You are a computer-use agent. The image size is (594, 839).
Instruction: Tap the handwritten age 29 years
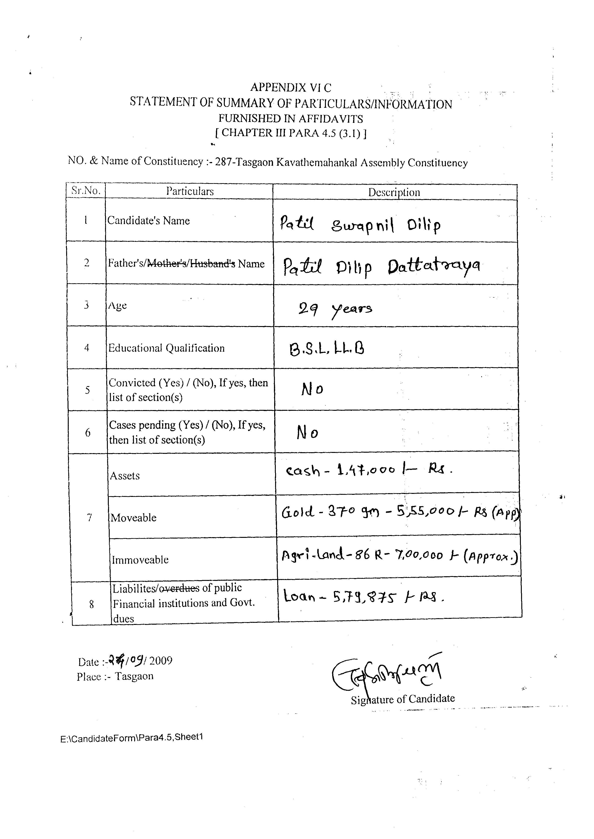pyautogui.click(x=335, y=310)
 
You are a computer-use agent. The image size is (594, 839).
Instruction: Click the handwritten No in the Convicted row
pyautogui.click(x=312, y=390)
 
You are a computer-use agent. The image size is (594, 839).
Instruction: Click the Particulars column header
pyautogui.click(x=190, y=191)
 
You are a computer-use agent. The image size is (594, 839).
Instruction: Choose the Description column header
pyautogui.click(x=394, y=192)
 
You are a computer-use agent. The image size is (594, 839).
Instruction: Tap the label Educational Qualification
pyautogui.click(x=166, y=348)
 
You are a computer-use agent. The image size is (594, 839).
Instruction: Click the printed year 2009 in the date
pyautogui.click(x=161, y=660)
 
